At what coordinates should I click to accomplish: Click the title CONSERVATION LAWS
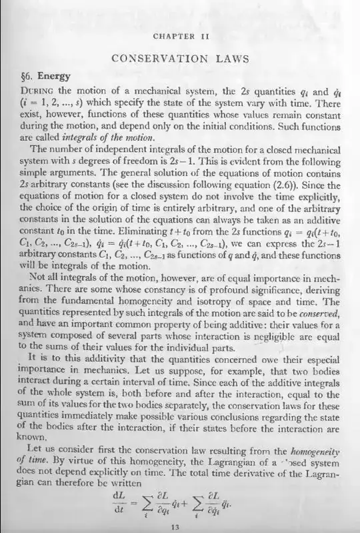pos(181,58)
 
